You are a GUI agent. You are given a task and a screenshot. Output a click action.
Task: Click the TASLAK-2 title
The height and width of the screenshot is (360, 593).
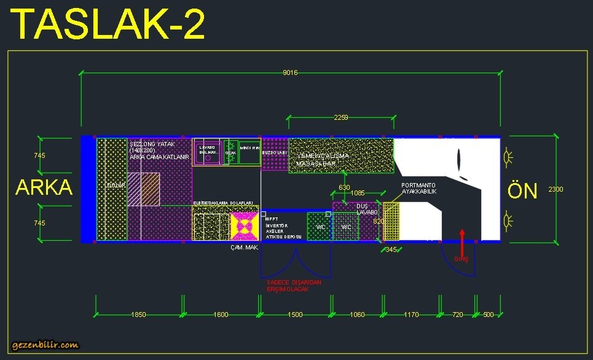coord(108,25)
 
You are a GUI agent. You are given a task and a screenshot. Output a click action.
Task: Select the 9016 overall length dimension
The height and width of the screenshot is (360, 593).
coord(290,73)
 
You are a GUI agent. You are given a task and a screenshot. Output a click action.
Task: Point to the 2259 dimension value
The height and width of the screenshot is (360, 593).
coord(341,117)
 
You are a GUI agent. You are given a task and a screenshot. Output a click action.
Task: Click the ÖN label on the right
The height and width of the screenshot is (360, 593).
coord(522,190)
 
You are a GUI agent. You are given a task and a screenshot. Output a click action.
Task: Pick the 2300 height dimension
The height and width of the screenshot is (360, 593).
coord(556,190)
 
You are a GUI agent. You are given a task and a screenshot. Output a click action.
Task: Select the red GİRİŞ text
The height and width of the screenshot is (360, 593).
coord(461,259)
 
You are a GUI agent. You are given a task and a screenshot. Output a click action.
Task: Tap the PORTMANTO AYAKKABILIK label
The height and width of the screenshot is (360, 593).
coord(419,189)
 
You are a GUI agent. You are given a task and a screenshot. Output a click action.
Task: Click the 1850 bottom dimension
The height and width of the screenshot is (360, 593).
coord(139,315)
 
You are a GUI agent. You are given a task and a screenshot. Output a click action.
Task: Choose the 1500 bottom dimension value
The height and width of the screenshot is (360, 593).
coord(295,315)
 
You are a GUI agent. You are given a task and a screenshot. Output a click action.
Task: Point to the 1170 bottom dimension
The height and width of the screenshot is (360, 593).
coord(411,315)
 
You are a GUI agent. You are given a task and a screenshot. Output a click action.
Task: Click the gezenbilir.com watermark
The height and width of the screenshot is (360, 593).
coord(45,345)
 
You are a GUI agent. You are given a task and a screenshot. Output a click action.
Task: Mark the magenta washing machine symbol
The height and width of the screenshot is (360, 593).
coord(244,226)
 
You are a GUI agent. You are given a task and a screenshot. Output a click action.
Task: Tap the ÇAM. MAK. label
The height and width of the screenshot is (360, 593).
coord(244,248)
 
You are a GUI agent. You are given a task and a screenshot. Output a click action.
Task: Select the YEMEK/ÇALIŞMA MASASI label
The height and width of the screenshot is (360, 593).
coord(323,160)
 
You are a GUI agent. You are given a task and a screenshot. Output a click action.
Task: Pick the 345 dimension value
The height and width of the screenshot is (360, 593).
coord(391,249)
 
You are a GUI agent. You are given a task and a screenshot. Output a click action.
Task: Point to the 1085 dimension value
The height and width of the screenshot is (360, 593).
coord(357,194)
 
